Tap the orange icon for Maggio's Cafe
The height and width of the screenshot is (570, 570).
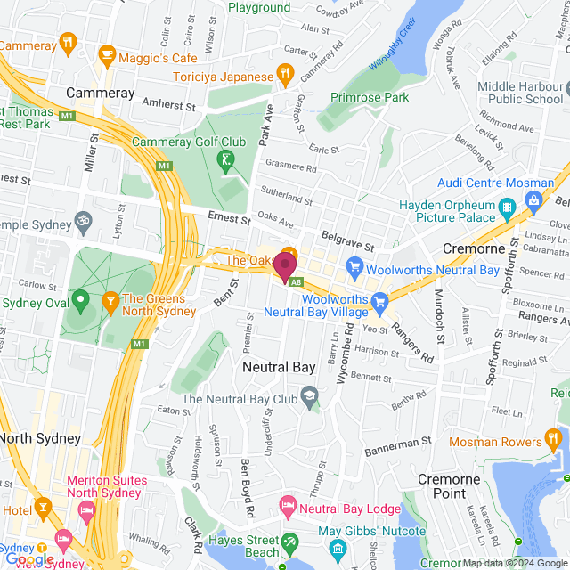click(x=107, y=57)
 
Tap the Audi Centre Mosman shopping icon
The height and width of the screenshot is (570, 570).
click(x=534, y=200)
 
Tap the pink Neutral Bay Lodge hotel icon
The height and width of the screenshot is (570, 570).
click(x=288, y=508)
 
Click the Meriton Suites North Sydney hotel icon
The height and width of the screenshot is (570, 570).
click(x=86, y=510)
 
